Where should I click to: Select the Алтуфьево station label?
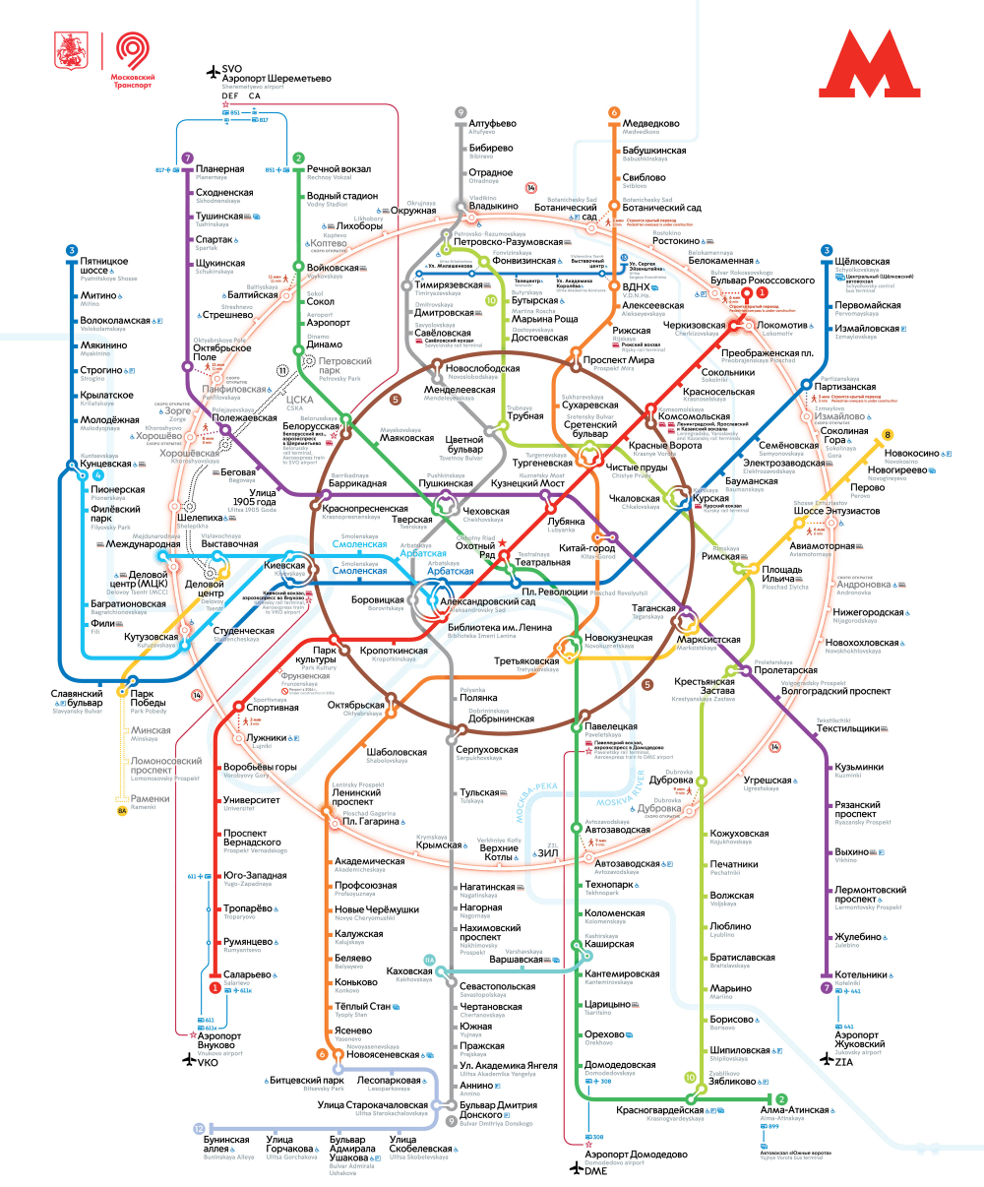coord(492,124)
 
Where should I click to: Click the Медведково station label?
coord(650,124)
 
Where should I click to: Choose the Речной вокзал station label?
coord(338,169)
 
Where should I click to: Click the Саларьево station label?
coord(247,974)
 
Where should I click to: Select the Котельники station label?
coord(861,975)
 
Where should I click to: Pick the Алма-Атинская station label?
coord(794,1109)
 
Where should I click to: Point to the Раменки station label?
coord(150,799)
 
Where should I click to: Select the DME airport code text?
coord(596,1170)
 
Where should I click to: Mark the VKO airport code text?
coord(208,1063)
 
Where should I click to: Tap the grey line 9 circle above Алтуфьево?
coord(460,113)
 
